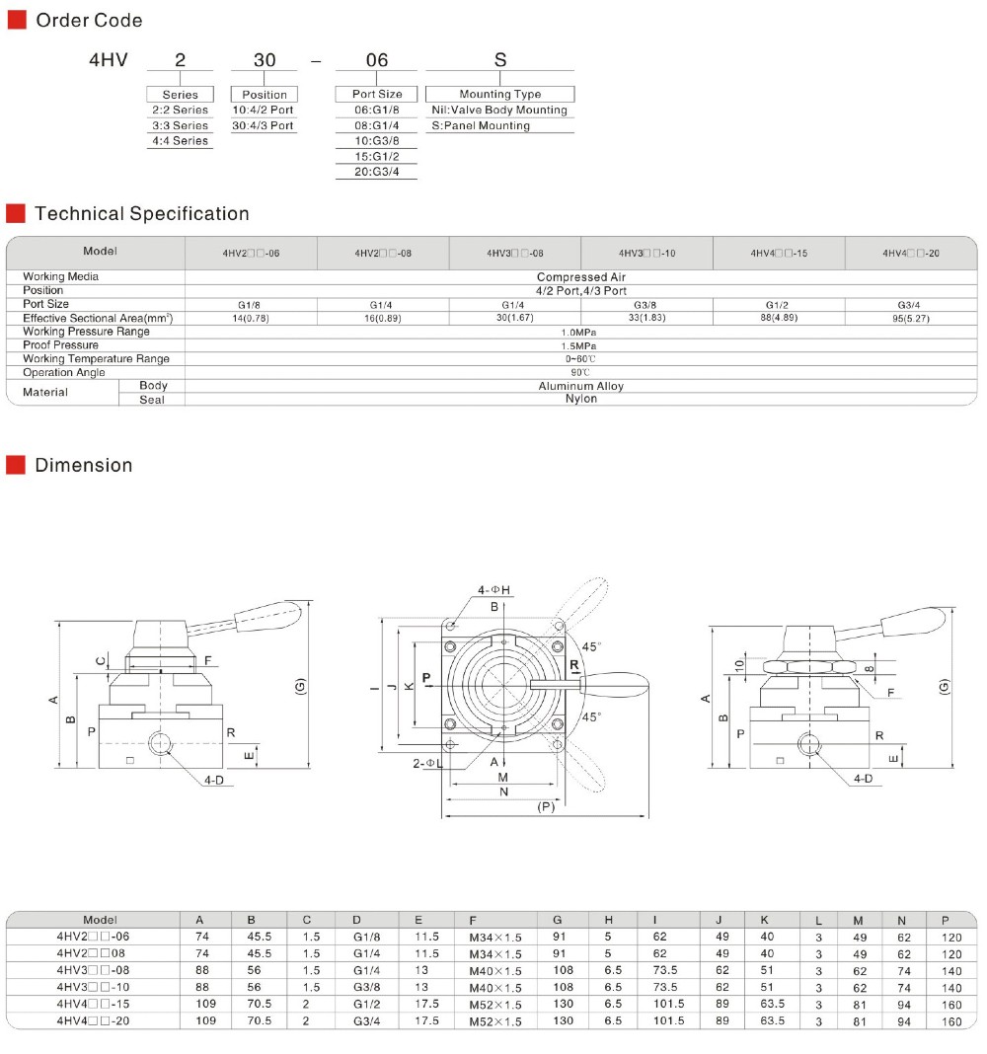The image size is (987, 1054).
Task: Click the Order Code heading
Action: pyautogui.click(x=89, y=20)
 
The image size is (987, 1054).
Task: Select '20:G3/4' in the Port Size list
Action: pyautogui.click(x=376, y=172)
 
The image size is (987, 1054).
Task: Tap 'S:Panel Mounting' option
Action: pyautogui.click(x=481, y=125)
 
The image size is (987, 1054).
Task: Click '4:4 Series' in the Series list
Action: pyautogui.click(x=181, y=140)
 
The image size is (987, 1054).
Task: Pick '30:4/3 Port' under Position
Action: pyautogui.click(x=263, y=125)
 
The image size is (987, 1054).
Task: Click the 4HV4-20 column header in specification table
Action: pyautogui.click(x=911, y=254)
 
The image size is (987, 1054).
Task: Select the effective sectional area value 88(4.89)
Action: pyautogui.click(x=780, y=317)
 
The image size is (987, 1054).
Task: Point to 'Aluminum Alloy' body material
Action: pyautogui.click(x=581, y=386)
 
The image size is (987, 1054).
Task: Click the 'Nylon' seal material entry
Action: pyautogui.click(x=581, y=399)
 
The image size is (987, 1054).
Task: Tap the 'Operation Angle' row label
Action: pyautogui.click(x=64, y=372)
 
